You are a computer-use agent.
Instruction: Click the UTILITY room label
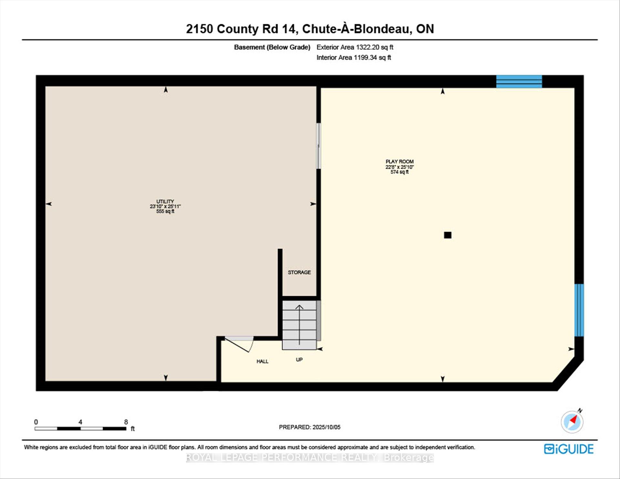[x=165, y=201]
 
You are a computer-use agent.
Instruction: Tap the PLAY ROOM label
[x=399, y=161]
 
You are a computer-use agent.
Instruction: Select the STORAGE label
[x=299, y=272]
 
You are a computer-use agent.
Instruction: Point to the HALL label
[x=263, y=361]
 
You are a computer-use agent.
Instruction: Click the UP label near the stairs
[x=299, y=359]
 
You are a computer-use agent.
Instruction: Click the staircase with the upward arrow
[x=299, y=325]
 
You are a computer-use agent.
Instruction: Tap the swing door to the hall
[x=239, y=344]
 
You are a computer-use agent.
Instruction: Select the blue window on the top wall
[x=519, y=81]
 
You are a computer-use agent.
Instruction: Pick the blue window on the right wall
[x=579, y=310]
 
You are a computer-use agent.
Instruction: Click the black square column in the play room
[x=448, y=235]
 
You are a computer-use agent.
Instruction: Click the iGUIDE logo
[x=569, y=449]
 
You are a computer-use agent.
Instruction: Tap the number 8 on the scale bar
[x=126, y=422]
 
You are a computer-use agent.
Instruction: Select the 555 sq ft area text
[x=165, y=211]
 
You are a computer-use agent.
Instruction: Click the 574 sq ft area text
[x=399, y=172]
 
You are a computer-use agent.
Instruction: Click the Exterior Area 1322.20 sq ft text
[x=355, y=47]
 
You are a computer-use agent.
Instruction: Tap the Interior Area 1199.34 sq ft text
[x=354, y=57]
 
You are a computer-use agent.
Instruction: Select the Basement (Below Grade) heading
[x=272, y=47]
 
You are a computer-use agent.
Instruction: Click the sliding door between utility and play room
[x=318, y=146]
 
